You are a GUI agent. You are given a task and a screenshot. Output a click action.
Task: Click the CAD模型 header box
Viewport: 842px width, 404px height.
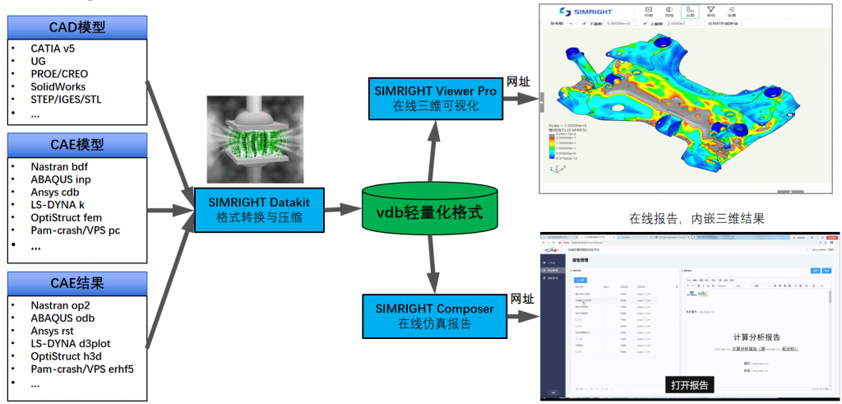point(77,26)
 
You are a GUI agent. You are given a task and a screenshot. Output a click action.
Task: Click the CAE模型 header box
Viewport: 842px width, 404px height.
point(77,144)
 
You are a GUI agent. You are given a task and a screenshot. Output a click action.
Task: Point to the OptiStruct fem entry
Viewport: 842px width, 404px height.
point(66,217)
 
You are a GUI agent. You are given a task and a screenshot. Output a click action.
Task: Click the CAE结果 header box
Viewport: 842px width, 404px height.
point(77,284)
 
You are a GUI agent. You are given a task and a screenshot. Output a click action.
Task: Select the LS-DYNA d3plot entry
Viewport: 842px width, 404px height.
point(70,343)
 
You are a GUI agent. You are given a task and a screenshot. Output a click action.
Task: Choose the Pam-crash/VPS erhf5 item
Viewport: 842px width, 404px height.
point(81,369)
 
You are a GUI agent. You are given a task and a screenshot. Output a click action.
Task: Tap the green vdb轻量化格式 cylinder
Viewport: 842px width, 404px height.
point(430,216)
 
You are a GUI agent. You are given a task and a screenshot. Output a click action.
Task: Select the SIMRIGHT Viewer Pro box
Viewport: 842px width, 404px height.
point(433,98)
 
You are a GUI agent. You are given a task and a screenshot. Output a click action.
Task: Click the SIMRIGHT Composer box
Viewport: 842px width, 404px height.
point(433,317)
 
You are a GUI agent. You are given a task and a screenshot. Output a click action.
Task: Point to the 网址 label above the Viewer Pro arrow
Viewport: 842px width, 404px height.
point(519,81)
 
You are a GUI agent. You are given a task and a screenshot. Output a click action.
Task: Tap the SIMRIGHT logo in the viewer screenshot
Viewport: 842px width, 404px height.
point(587,12)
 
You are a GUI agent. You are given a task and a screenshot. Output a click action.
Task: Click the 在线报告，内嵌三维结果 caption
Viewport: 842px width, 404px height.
point(696,219)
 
